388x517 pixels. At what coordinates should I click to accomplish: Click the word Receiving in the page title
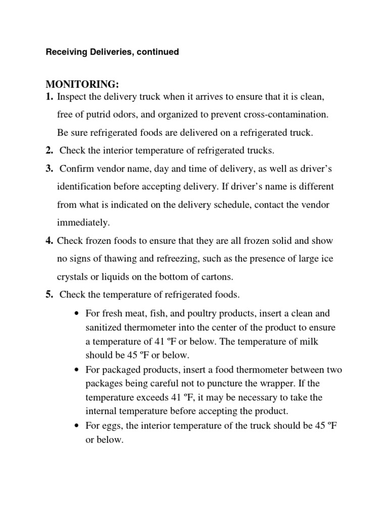[65, 52]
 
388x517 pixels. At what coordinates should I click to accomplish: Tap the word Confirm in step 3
[76, 168]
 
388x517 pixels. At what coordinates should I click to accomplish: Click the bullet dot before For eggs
[76, 426]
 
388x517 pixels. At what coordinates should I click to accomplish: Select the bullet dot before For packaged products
[76, 370]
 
